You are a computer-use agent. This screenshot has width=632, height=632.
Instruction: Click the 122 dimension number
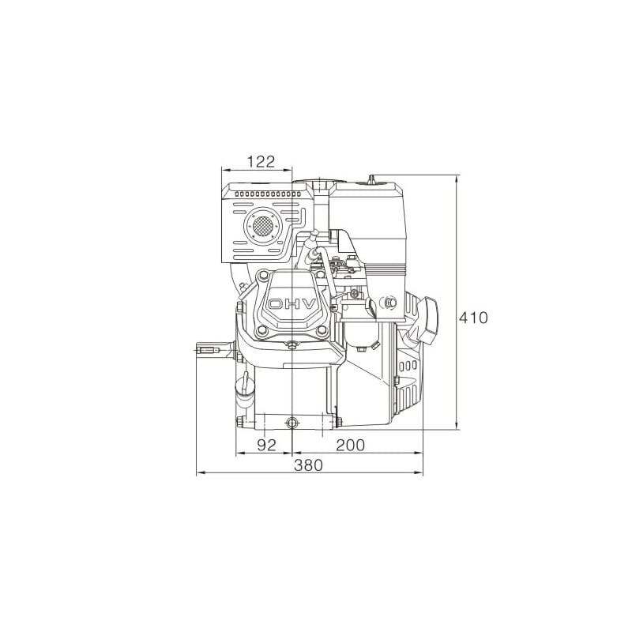(261, 162)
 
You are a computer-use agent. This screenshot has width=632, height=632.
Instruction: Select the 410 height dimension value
(473, 318)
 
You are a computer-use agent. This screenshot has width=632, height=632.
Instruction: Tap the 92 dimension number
(266, 445)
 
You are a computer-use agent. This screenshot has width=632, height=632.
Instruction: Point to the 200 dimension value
(350, 445)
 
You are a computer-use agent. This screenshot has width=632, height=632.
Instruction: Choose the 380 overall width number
(308, 465)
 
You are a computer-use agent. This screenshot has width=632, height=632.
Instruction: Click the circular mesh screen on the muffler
(263, 226)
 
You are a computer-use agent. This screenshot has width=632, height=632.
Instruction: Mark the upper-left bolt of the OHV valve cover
(264, 275)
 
